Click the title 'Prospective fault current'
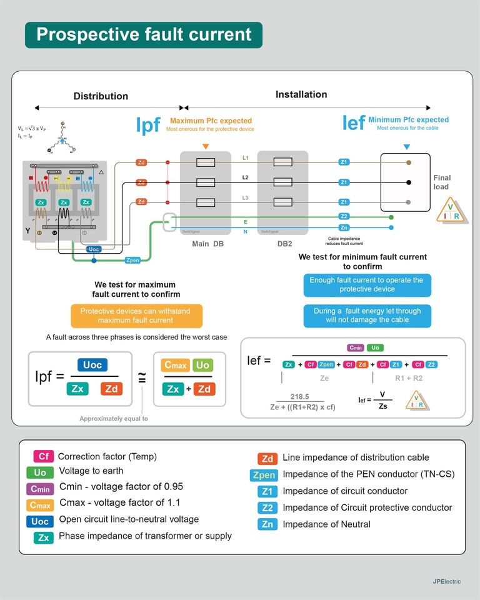point(144,34)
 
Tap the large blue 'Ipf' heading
point(148,125)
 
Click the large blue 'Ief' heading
point(353,123)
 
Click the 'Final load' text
point(442,182)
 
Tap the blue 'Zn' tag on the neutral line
point(344,227)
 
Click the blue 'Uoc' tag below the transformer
point(94,249)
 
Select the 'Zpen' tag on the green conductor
point(132,260)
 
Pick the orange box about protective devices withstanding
point(136,316)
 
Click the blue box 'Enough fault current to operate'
point(367,284)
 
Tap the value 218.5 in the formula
point(301,397)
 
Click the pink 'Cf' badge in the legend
point(43,457)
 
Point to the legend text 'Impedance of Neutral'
point(326,524)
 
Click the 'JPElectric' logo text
point(446,581)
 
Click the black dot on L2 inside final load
point(409,182)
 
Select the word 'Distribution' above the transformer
point(101,96)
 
